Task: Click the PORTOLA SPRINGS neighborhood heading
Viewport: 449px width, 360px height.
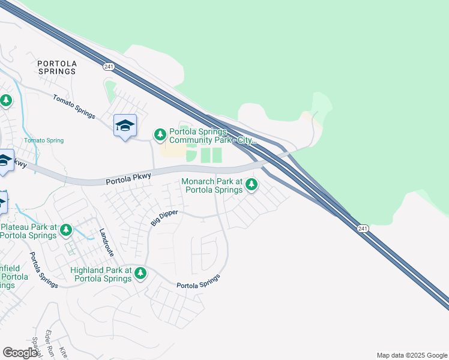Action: [56, 67]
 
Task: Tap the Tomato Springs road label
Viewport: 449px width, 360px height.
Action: [74, 106]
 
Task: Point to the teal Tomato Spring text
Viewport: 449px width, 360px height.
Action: [44, 140]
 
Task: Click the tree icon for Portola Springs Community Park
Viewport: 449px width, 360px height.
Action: [160, 134]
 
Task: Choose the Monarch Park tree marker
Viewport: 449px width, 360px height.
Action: [252, 185]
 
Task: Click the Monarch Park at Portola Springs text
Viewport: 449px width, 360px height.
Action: [212, 185]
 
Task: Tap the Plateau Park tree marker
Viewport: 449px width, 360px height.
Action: [66, 230]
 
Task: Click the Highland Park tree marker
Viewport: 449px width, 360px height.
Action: [140, 274]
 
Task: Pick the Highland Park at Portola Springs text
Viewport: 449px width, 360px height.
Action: [101, 274]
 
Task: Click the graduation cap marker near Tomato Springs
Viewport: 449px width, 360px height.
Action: [125, 125]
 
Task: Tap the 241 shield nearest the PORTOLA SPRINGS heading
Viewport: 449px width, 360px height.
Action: [109, 67]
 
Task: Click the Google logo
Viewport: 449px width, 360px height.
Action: [20, 352]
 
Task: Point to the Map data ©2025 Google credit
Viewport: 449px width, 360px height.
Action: [411, 355]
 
